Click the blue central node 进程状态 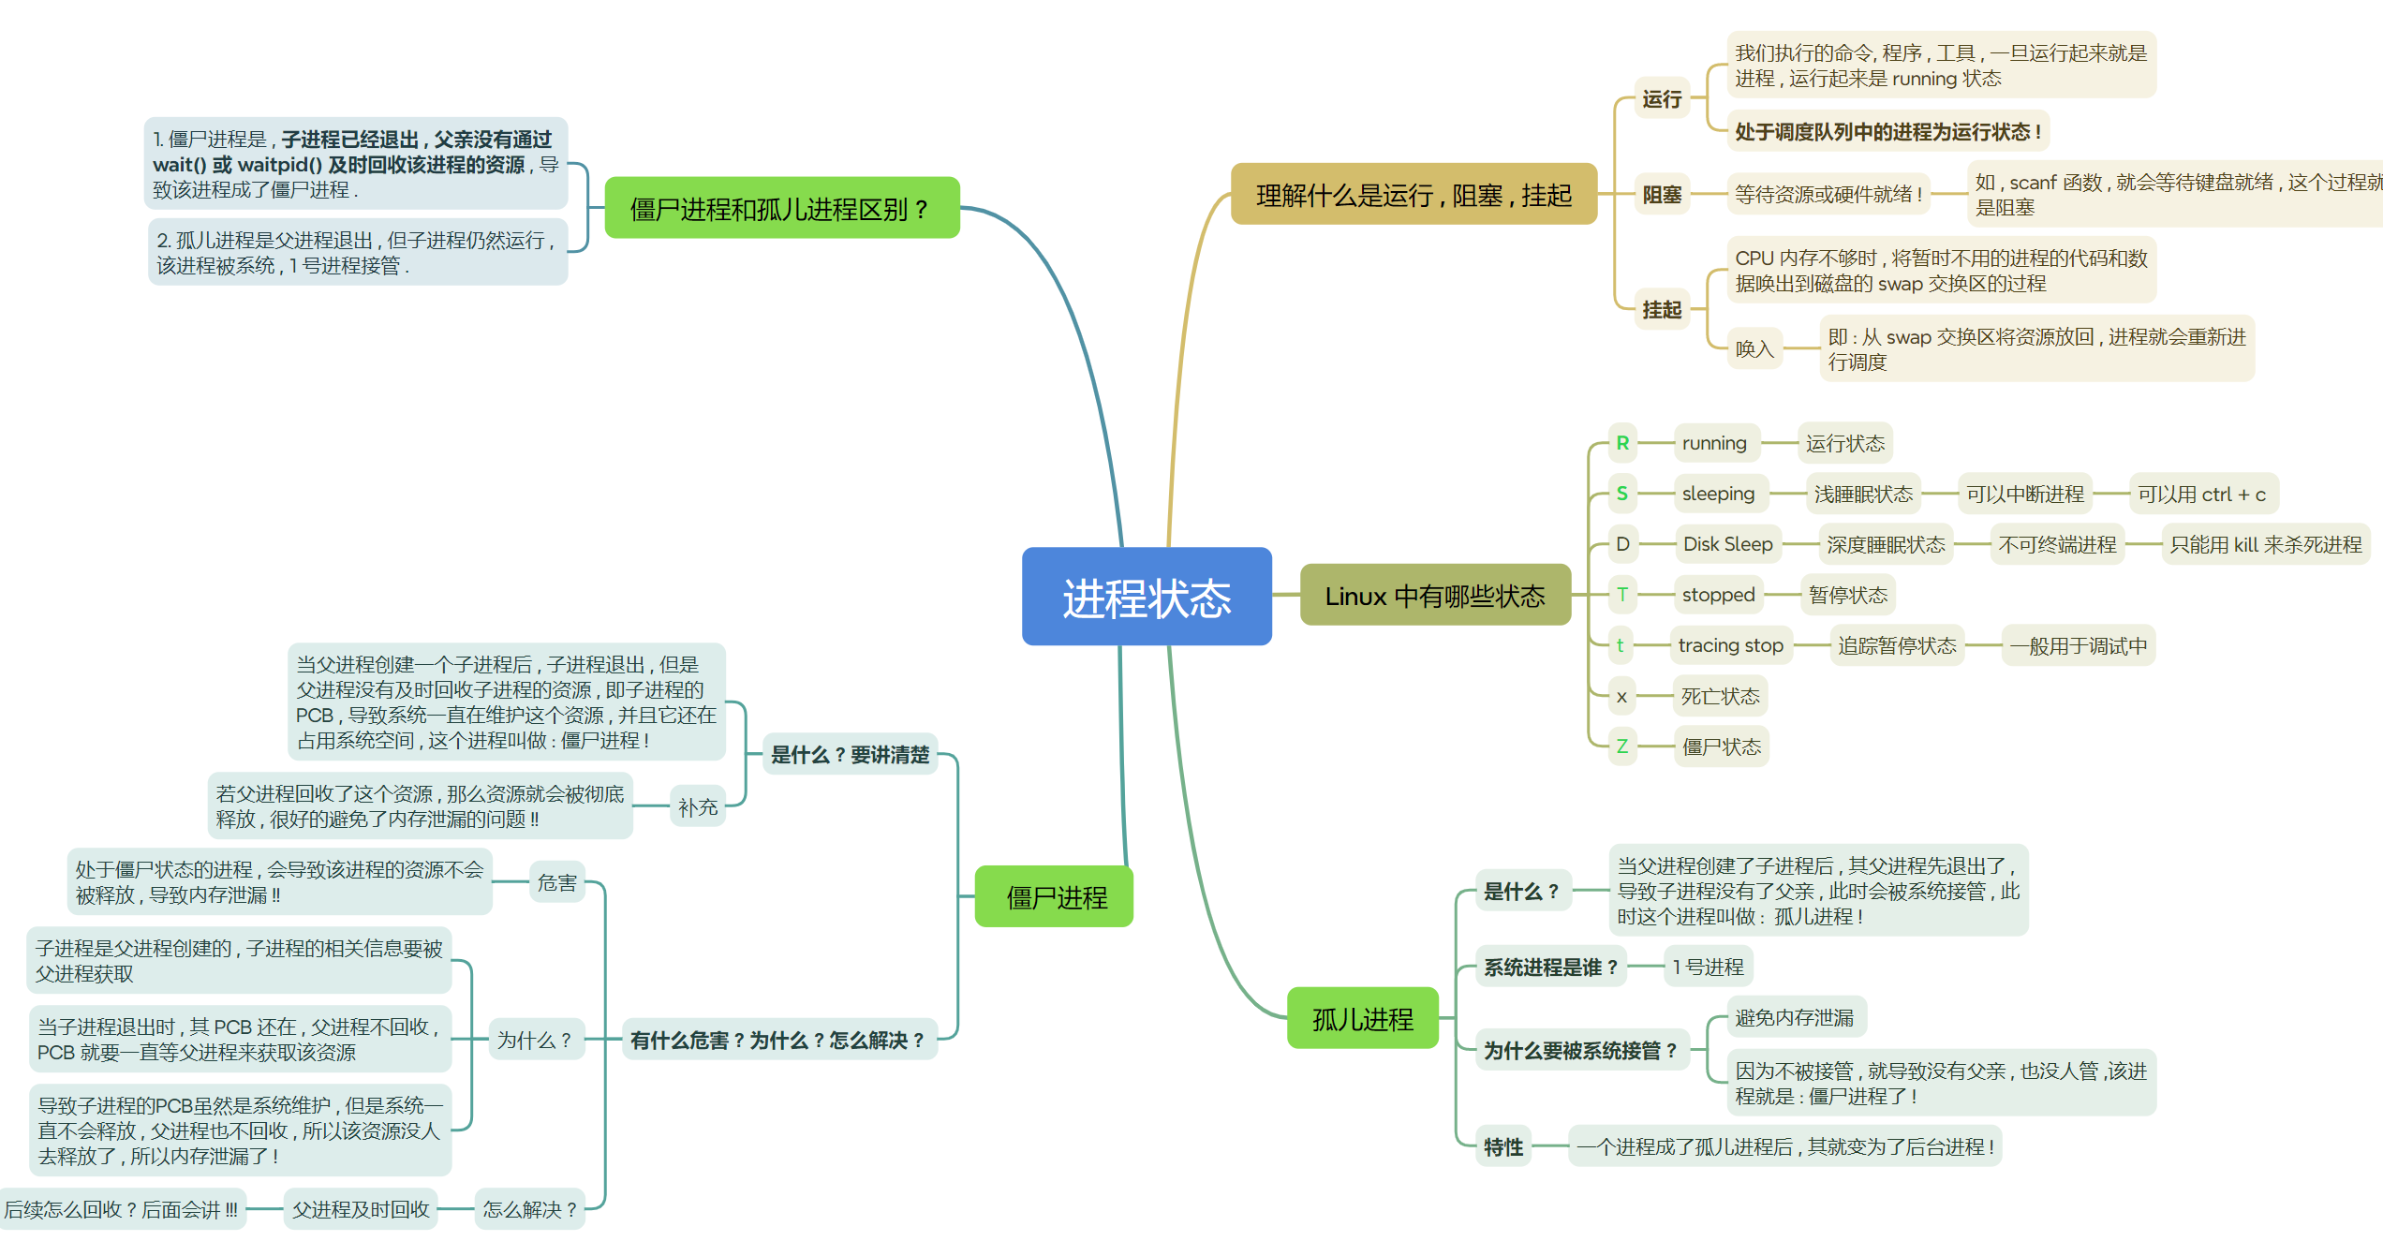[1146, 597]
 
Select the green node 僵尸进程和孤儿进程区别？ [781, 208]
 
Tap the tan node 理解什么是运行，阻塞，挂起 [1413, 195]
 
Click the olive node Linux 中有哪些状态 [1434, 596]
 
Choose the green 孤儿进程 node [1362, 1018]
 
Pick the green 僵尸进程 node [1055, 896]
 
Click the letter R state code [1622, 443]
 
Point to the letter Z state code [1621, 746]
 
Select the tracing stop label [1730, 645]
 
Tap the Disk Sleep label [1727, 544]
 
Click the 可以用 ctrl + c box [2201, 494]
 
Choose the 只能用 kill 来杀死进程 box [2265, 544]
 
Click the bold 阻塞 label [1662, 195]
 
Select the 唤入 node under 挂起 [1754, 349]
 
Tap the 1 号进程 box [1708, 967]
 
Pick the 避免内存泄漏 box [1794, 1017]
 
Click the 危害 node [556, 882]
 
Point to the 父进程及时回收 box [361, 1209]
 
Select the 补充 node [698, 806]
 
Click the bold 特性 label [1502, 1146]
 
